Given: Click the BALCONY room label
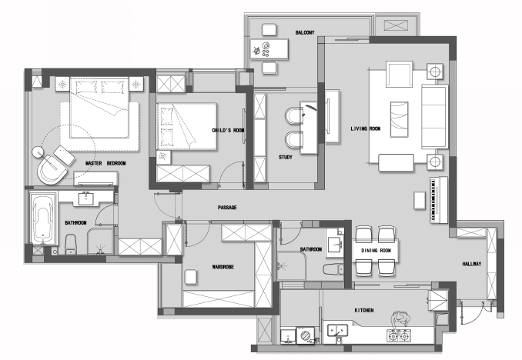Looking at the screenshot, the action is (305, 32).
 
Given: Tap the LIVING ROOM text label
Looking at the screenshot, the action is (365, 128).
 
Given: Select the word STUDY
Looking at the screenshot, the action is (286, 157).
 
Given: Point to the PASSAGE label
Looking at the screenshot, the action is (227, 208).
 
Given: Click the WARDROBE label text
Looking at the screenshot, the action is (223, 267).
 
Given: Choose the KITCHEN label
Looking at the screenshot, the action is (364, 311).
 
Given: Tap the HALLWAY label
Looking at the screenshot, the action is (472, 264).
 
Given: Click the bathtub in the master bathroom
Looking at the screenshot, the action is (43, 219).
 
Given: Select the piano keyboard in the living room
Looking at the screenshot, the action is (438, 200).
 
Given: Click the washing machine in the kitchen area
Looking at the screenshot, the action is (306, 335).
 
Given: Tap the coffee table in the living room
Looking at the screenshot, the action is (399, 119).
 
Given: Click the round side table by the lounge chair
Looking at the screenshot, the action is (38, 152).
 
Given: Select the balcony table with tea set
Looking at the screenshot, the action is (269, 49).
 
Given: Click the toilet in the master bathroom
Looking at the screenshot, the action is (71, 244).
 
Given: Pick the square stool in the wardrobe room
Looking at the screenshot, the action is (190, 277).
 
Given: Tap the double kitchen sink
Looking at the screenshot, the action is (337, 331).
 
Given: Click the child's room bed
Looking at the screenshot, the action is (187, 126).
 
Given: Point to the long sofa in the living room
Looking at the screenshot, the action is (434, 116).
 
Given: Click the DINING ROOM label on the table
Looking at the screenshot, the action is (376, 251).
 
